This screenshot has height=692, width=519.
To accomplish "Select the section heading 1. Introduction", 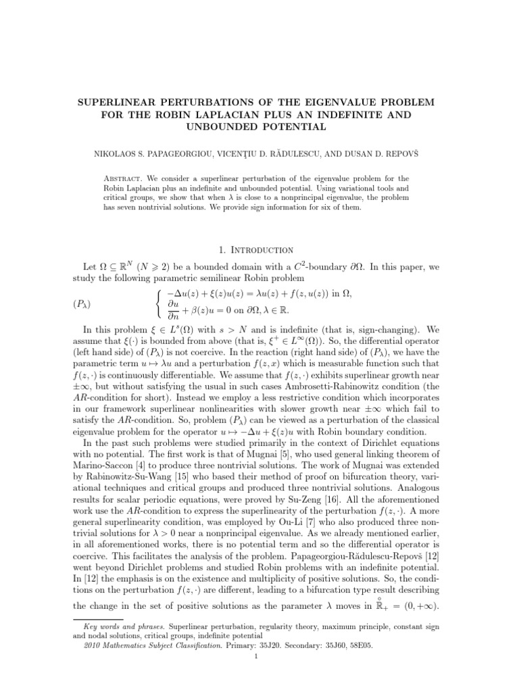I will [x=259, y=249].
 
